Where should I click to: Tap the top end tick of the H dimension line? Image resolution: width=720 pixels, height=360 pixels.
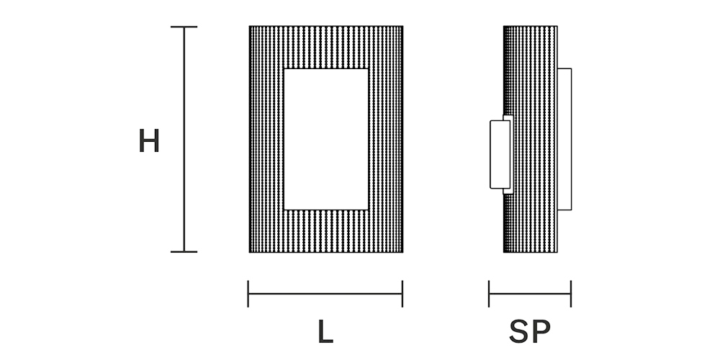coord(184,27)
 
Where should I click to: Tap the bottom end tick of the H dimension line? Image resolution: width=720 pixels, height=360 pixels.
coord(184,251)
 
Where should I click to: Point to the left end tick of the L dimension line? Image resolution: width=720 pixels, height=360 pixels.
coord(248,294)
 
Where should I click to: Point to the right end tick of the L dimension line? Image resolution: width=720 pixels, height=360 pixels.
coord(402,294)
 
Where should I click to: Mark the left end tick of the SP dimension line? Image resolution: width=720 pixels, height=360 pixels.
coord(489,294)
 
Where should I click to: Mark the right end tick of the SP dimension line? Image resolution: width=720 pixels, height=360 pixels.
coord(570,294)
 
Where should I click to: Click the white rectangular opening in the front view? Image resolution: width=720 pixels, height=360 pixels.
coord(326,139)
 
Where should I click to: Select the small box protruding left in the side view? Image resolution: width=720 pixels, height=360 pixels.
coord(499,154)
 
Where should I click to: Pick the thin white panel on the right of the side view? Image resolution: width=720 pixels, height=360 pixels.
coord(564,139)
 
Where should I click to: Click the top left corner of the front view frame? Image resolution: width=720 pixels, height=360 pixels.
coord(250,27)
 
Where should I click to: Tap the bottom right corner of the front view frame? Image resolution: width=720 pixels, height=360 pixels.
coord(402,252)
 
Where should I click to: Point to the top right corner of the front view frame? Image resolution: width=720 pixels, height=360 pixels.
coord(402,27)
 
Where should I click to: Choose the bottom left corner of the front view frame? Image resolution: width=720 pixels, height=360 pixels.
coord(250,252)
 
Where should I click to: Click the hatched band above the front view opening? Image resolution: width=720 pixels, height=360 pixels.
coord(326,48)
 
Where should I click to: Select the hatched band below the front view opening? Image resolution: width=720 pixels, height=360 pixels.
coord(326,231)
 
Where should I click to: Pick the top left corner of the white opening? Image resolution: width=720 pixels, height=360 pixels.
coord(284,69)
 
